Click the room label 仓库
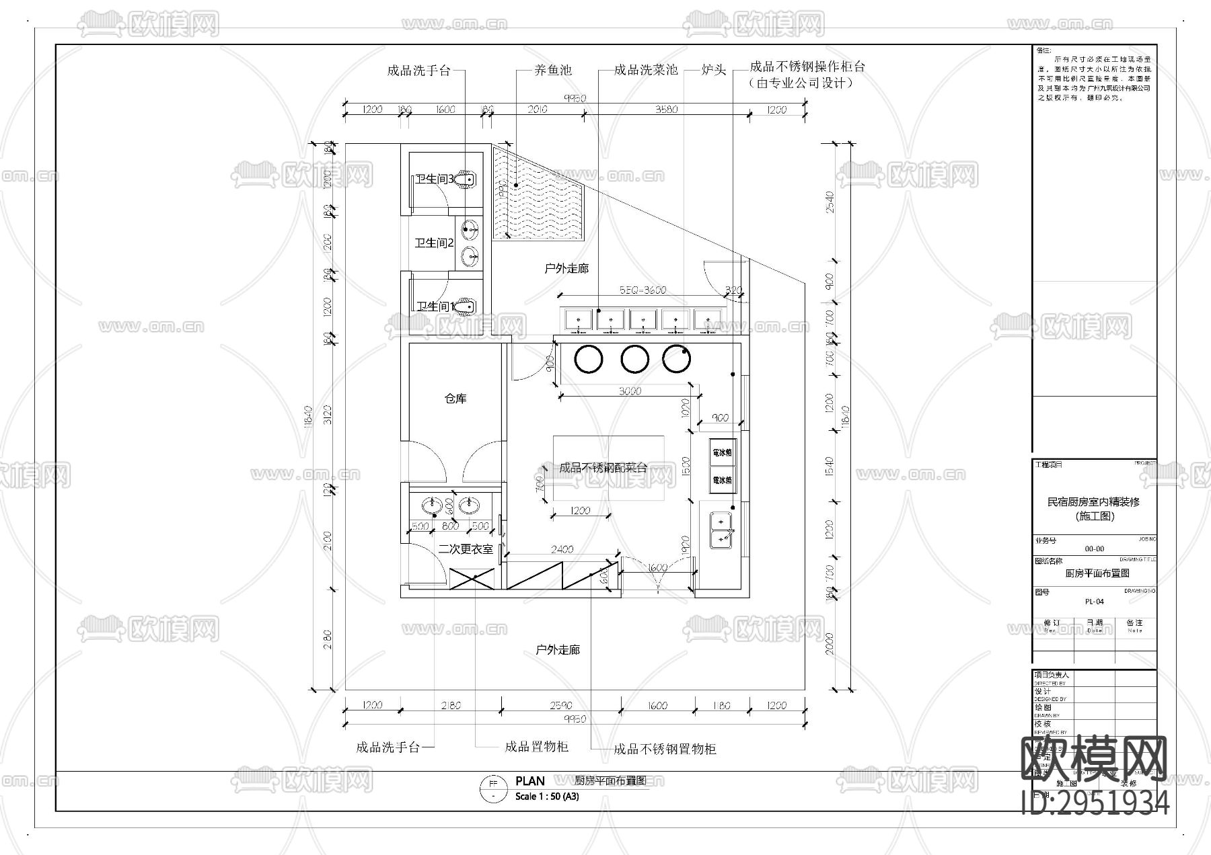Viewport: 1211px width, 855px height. coord(455,399)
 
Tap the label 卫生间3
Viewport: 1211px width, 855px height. coord(433,179)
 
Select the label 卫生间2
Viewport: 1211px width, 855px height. coord(434,243)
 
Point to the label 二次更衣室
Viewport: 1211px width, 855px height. coord(466,549)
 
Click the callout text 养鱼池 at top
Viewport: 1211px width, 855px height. coord(552,70)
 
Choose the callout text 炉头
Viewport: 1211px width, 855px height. coord(713,70)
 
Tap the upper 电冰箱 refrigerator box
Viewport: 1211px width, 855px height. coord(722,453)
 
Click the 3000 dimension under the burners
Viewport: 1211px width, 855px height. coord(630,391)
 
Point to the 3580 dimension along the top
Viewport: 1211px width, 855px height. coord(666,110)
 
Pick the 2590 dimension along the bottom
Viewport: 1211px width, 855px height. coord(560,706)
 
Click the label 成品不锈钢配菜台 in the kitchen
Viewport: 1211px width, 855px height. coord(603,468)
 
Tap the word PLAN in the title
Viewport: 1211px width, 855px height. coord(530,781)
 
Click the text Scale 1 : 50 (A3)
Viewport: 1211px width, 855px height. coord(546,797)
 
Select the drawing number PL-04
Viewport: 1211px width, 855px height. coord(1094,602)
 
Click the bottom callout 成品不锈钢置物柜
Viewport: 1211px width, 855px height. coord(665,749)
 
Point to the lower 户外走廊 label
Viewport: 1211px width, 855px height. coord(558,650)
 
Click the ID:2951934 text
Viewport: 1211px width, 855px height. coord(1095,803)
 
